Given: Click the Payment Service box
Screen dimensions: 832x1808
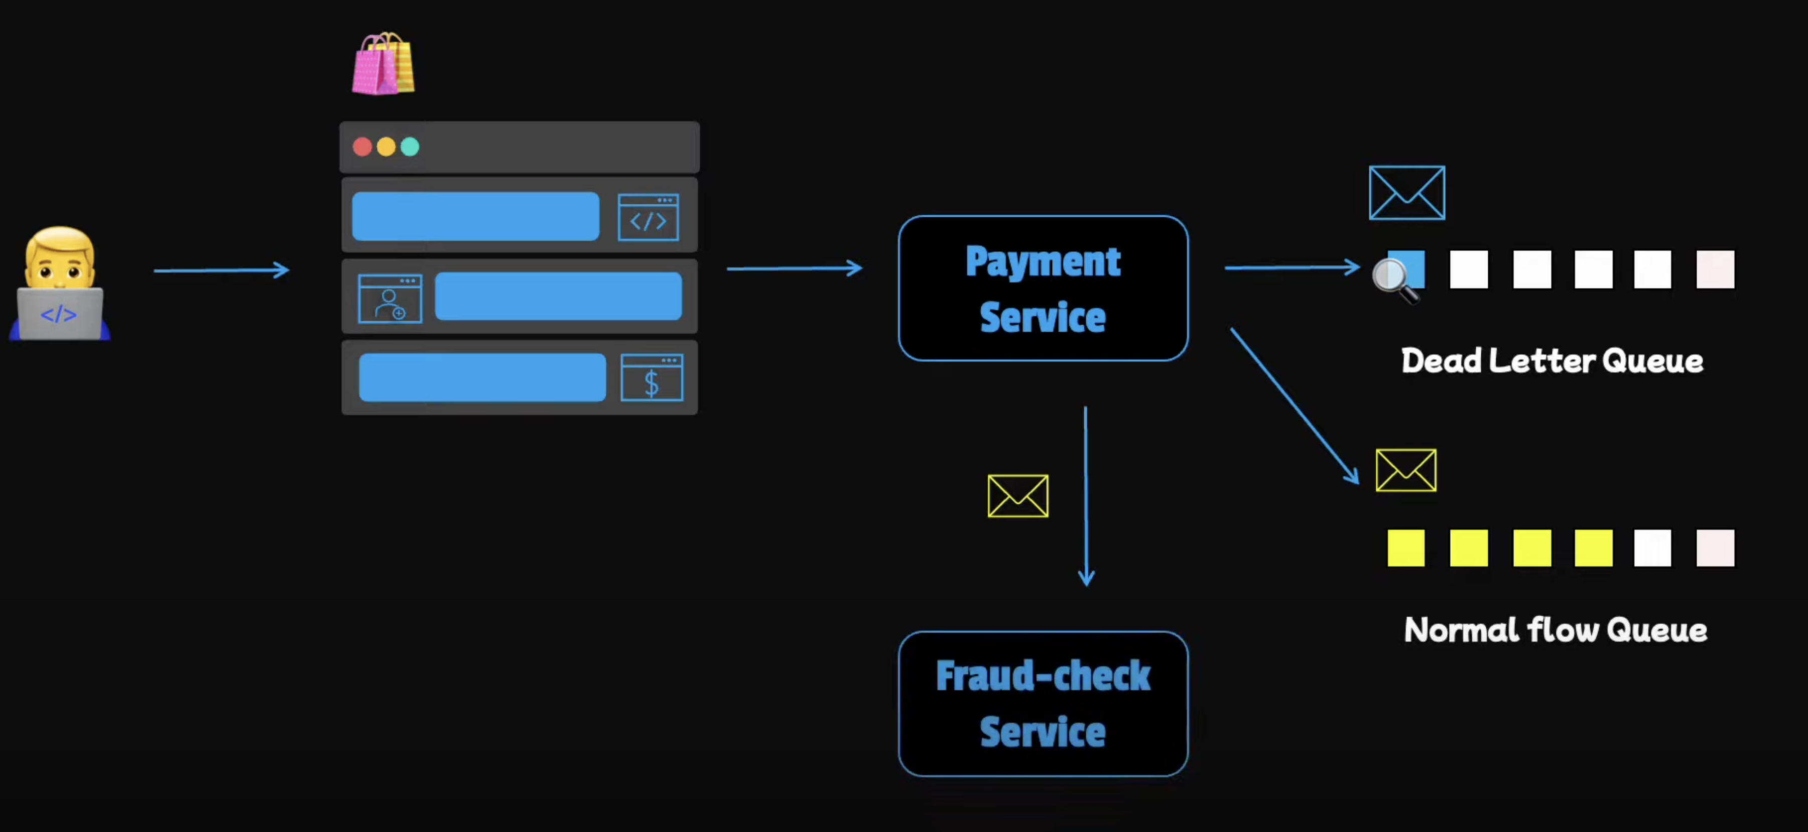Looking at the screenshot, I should click(1043, 289).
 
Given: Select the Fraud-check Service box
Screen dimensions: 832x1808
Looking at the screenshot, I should click(1043, 704).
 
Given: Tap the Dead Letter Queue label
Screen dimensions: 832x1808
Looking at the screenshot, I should click(1552, 361).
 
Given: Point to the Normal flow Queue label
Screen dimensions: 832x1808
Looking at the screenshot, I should click(1556, 629).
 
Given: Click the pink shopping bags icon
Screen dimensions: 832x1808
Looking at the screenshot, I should click(383, 64).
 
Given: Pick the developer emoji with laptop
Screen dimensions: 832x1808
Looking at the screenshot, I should click(60, 284).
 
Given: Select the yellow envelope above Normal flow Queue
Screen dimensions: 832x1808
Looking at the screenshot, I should click(1406, 470).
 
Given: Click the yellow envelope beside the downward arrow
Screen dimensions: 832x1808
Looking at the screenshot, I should click(1018, 496).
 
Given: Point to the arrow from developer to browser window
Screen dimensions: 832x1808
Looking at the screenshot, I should click(221, 270).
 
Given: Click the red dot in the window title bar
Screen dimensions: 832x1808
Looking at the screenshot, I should click(362, 147).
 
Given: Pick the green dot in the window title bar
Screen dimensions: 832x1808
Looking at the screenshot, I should click(410, 147).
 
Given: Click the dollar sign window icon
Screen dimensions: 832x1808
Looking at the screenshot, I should click(652, 378).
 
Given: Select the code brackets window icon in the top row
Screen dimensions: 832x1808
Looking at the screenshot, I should click(648, 217).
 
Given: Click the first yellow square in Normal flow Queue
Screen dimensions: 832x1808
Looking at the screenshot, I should click(1406, 548).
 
